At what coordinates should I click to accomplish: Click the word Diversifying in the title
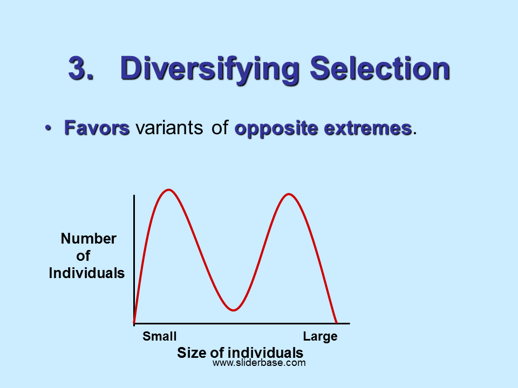click(x=210, y=70)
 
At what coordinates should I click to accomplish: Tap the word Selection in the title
click(x=379, y=68)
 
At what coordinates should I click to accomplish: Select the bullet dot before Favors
click(x=48, y=128)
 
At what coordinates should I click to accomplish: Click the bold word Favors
click(x=97, y=128)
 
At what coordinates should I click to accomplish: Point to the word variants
click(x=169, y=128)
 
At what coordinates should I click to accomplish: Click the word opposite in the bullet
click(x=276, y=129)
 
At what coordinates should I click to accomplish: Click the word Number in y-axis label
click(x=88, y=238)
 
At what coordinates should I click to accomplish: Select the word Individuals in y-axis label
click(x=86, y=273)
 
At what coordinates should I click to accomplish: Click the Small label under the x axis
click(x=160, y=336)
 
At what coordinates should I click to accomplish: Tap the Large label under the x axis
click(x=320, y=336)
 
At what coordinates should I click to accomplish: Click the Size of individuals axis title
click(x=240, y=352)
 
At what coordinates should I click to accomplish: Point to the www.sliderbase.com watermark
click(x=259, y=363)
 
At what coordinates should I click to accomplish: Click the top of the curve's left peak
click(x=169, y=190)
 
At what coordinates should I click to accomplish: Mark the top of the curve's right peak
click(x=289, y=194)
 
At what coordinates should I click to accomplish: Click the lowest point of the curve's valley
click(x=233, y=310)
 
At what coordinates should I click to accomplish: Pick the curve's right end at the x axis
click(x=336, y=323)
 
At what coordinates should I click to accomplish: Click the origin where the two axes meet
click(x=134, y=324)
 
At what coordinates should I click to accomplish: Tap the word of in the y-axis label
click(x=83, y=255)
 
